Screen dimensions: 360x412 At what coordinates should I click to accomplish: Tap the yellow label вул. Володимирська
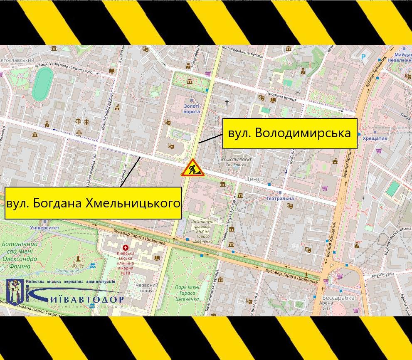point(290,133)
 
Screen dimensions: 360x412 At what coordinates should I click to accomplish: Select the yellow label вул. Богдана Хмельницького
point(93,203)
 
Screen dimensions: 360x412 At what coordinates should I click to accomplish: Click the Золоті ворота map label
point(192,109)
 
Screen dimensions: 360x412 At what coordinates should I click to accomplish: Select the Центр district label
point(254,179)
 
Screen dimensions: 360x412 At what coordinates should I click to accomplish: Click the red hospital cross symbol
point(126,248)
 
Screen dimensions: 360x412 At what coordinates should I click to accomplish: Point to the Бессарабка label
point(338,298)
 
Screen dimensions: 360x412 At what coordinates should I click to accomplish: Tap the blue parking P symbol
point(363,57)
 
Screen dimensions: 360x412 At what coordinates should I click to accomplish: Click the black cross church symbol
point(227,102)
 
